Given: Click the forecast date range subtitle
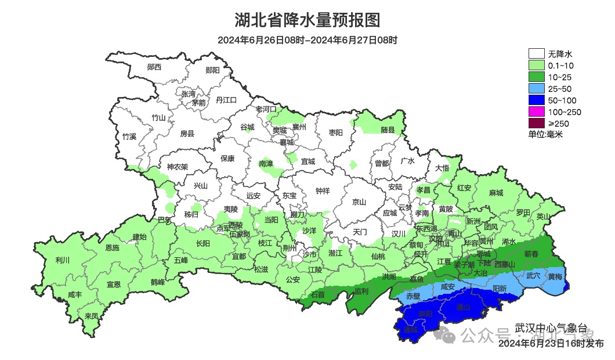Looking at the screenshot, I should (307, 41).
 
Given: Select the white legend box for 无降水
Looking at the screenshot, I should (536, 54).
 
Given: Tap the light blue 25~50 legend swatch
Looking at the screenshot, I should (536, 88).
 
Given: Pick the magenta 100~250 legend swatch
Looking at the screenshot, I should (536, 111).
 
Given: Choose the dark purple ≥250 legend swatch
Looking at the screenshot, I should (536, 123).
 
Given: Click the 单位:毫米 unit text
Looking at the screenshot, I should (545, 134).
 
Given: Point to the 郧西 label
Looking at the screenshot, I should (154, 67).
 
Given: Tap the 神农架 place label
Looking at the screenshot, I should (178, 167).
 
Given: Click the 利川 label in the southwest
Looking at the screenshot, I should (62, 260).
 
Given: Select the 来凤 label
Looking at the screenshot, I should (91, 316).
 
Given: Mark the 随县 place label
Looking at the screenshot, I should (388, 130).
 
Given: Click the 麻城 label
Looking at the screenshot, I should (496, 193).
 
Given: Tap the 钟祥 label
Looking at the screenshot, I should (323, 190).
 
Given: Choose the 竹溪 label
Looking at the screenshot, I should (129, 136).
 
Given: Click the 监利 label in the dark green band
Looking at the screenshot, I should (361, 290).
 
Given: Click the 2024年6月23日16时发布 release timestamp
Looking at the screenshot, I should (551, 344).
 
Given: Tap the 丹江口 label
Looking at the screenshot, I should (226, 100).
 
